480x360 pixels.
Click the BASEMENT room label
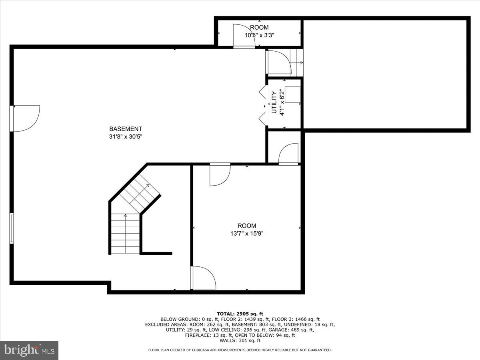tap(126, 129)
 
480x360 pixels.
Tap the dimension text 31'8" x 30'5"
tap(126, 136)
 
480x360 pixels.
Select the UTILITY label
tap(274, 102)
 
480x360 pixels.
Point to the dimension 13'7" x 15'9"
tap(246, 233)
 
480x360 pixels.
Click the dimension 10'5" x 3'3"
tap(259, 35)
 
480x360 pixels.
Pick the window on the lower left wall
tap(12, 228)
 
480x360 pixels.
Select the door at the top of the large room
tap(220, 174)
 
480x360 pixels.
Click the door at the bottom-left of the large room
tap(204, 278)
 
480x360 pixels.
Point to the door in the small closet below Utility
tap(288, 154)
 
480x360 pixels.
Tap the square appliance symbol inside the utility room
tap(293, 94)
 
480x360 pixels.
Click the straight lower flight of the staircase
tap(125, 234)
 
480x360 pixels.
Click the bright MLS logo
tap(29, 350)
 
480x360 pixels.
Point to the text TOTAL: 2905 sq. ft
tap(240, 314)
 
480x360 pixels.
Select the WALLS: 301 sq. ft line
tap(240, 340)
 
